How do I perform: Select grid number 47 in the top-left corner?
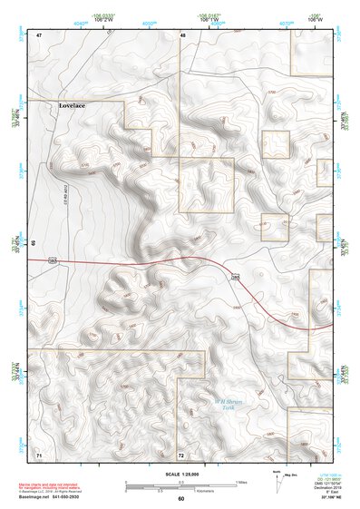(x=39, y=34)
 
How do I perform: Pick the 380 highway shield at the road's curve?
(x=235, y=276)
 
